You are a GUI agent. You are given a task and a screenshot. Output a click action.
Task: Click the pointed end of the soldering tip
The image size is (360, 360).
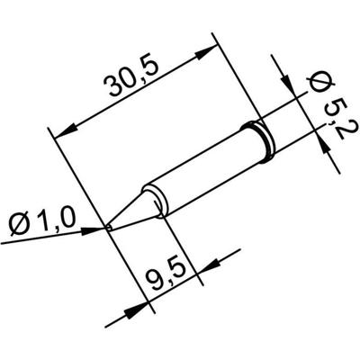(x=109, y=227)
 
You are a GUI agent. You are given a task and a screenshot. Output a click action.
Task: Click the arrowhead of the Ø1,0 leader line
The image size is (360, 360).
(x=98, y=229)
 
